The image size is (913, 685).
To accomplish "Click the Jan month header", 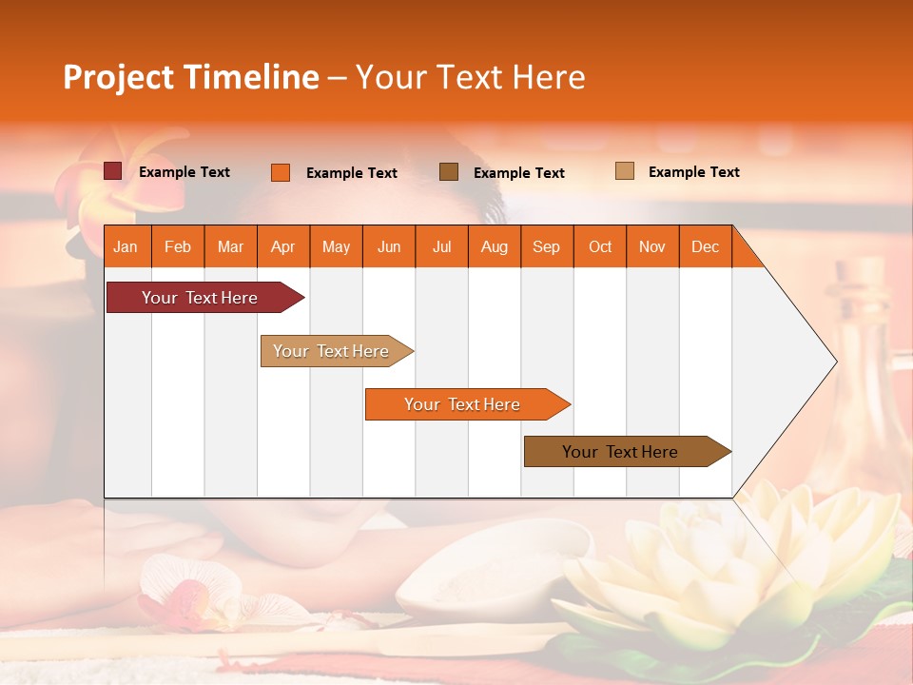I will [x=126, y=246].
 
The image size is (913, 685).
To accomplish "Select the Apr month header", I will [x=283, y=246].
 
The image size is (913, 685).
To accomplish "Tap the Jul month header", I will [x=441, y=246].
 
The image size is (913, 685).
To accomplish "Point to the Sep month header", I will [x=547, y=246].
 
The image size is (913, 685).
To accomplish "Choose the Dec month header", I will [x=705, y=246].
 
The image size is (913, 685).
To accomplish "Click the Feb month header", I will [x=178, y=246].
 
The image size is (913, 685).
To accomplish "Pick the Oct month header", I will [x=600, y=246].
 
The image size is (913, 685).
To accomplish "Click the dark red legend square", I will [x=113, y=171].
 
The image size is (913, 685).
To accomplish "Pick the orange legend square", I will [x=281, y=172].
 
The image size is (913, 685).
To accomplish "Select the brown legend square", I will [x=449, y=171].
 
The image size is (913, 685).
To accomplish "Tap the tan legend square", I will [x=625, y=171].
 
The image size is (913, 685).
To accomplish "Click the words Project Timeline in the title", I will [x=191, y=77].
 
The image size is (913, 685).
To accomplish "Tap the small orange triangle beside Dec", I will [x=747, y=251].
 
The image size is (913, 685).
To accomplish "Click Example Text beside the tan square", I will [x=693, y=172].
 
